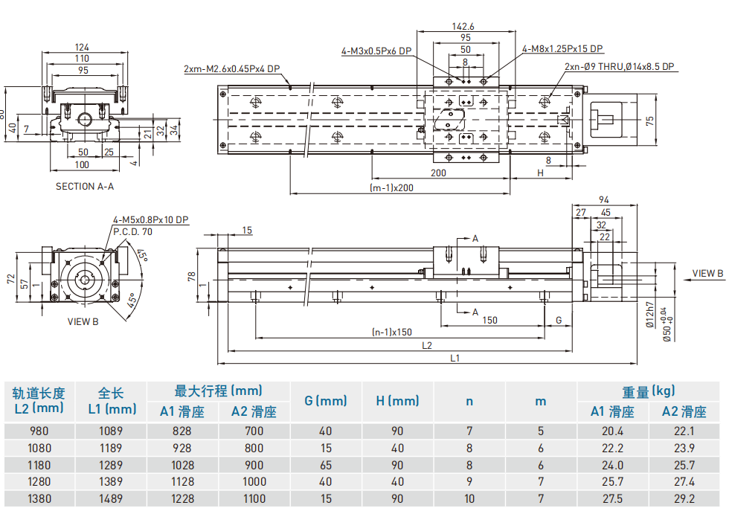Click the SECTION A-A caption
85,187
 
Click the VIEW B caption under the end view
83,321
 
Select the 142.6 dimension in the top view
463,26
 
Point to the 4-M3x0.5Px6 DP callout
376,51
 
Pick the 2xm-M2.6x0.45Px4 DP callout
232,69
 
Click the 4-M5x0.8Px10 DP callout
151,220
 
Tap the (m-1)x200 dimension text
391,187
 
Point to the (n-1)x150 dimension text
392,332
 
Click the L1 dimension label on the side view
455,359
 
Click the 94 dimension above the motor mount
604,200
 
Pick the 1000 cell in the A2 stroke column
254,481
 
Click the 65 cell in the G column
326,465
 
